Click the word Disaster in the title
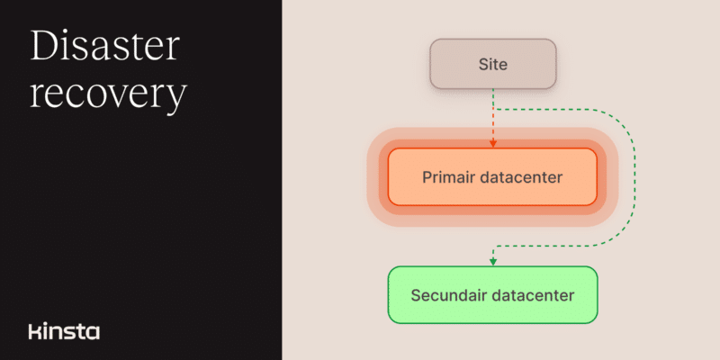[x=105, y=47]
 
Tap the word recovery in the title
[x=108, y=96]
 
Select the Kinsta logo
[x=64, y=331]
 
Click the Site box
[x=492, y=64]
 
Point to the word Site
[x=492, y=64]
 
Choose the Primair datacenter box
[x=492, y=176]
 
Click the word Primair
[x=448, y=177]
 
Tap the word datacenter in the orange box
[x=521, y=177]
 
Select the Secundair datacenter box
[x=492, y=295]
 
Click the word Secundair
[x=448, y=295]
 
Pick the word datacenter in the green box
[x=533, y=295]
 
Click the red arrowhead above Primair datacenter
[x=492, y=144]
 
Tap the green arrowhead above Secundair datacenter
[x=492, y=262]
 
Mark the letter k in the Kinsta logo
[x=33, y=331]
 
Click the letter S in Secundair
[x=416, y=295]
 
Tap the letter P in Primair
[x=427, y=177]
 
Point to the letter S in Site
[x=483, y=64]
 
